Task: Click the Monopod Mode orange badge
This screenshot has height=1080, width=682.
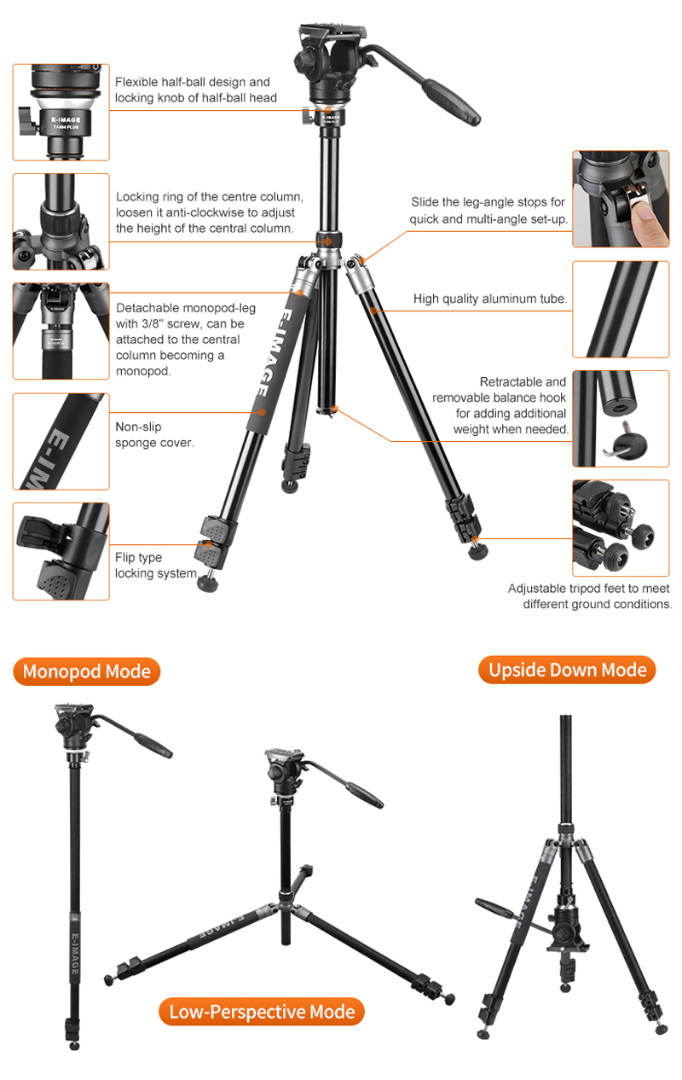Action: click(x=87, y=671)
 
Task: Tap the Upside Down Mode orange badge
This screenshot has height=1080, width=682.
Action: click(x=567, y=670)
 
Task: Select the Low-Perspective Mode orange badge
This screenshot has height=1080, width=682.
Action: click(x=262, y=1012)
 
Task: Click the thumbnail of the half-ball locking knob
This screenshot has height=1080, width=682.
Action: click(x=61, y=113)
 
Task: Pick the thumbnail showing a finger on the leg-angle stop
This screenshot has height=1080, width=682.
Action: click(x=621, y=199)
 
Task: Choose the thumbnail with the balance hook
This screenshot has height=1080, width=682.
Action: click(x=621, y=419)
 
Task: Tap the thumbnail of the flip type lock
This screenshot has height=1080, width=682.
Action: click(x=61, y=551)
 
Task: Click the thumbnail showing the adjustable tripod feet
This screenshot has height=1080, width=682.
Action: click(x=621, y=528)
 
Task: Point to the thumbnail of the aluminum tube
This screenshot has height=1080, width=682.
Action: click(x=621, y=309)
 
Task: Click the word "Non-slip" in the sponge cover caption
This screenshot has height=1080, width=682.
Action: click(x=138, y=427)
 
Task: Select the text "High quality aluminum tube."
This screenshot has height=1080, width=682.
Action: click(x=490, y=299)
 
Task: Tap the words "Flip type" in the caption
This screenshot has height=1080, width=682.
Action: click(x=138, y=558)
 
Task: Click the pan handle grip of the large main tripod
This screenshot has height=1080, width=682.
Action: click(x=452, y=103)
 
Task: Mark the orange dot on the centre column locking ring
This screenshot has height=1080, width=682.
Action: click(x=327, y=241)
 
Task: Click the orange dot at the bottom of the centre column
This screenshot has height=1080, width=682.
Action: click(x=335, y=409)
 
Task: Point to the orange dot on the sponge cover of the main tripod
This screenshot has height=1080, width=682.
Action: click(x=262, y=412)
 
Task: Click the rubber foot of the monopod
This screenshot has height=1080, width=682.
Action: click(x=74, y=1046)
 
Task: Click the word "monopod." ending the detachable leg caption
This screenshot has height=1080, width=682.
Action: click(x=143, y=371)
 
